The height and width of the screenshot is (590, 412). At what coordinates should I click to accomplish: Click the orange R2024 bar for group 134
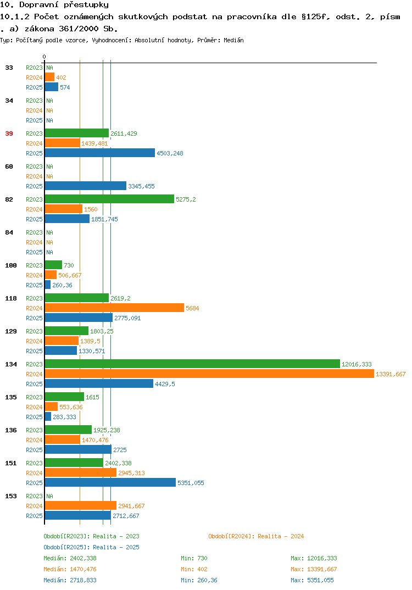point(209,374)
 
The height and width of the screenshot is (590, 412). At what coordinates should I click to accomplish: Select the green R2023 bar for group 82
point(109,199)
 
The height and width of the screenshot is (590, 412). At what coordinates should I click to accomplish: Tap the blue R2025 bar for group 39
point(100,153)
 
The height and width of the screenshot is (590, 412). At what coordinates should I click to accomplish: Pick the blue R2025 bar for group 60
point(85,186)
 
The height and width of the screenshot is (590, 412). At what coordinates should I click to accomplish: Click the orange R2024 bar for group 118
point(114,308)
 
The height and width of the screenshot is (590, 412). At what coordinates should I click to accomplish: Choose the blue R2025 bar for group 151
point(110,482)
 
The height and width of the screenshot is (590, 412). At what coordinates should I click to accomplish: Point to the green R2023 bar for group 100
point(53,265)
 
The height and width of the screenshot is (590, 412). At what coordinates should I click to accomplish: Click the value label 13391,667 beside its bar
point(391,374)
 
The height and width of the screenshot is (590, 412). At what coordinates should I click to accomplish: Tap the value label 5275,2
point(186,199)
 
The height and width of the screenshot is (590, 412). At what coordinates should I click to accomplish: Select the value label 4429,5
point(165,384)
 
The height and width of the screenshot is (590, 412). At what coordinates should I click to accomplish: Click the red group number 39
point(9,133)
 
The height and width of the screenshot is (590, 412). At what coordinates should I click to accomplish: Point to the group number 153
point(11,496)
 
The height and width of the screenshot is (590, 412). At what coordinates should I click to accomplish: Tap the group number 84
point(9,232)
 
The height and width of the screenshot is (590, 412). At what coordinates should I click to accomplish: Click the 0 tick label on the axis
point(44,57)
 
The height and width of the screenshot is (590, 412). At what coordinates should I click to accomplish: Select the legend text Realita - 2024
point(281,536)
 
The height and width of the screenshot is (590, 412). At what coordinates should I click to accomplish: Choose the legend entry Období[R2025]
point(66,547)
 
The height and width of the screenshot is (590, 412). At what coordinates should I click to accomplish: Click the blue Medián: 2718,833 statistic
point(70,580)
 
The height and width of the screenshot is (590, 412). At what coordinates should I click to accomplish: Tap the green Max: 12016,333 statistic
point(314,558)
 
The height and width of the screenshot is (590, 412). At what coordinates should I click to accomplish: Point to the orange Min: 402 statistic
point(194,569)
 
